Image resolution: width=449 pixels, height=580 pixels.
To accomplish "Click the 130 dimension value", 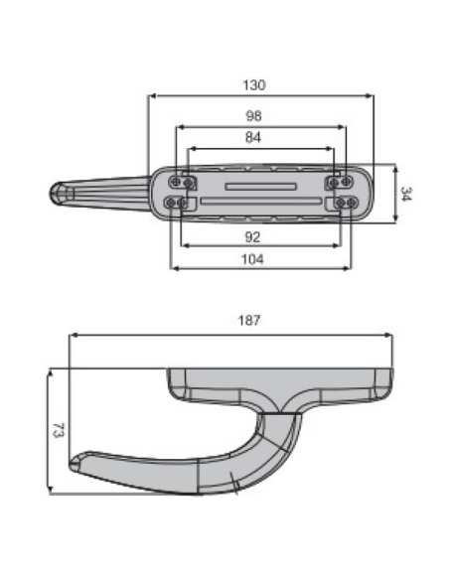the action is coord(254,85).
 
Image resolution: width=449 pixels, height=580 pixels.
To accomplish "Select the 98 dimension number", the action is coord(253,116).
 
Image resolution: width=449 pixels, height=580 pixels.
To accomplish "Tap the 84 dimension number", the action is coord(253,138).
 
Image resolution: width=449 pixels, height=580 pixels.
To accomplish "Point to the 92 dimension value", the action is coord(252,237).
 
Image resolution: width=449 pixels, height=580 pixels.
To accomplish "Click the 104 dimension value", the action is coord(252,259).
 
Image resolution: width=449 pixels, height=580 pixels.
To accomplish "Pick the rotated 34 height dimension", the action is coord(405,195).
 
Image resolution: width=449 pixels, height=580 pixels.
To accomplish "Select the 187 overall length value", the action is coord(249,320).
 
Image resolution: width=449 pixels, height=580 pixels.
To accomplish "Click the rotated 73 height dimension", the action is coord(59,431).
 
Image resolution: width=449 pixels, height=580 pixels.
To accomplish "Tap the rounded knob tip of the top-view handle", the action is coord(57,194).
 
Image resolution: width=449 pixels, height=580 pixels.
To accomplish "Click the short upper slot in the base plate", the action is coord(260,187).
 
